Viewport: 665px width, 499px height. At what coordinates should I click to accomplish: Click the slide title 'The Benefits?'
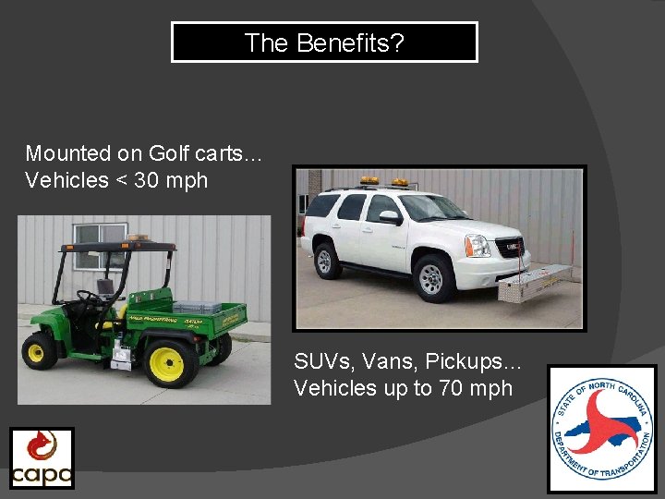[324, 43]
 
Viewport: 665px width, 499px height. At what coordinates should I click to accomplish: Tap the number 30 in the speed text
[150, 180]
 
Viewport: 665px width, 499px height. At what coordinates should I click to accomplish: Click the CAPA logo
[42, 458]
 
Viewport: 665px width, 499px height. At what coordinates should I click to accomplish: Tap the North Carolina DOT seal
[601, 429]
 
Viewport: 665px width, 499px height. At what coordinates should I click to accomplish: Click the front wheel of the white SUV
[431, 278]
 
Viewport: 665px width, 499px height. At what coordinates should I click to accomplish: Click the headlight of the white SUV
[477, 245]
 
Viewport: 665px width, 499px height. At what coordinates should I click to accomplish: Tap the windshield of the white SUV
[433, 207]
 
